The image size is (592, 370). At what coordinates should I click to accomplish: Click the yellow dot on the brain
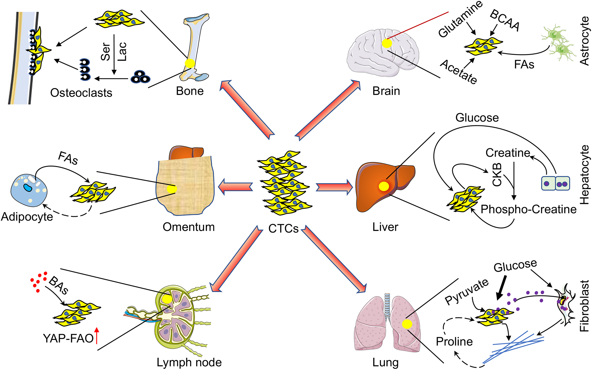387,43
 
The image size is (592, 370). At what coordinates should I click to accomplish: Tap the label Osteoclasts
81,93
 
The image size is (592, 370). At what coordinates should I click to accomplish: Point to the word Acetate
458,71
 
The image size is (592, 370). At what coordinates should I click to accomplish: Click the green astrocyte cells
559,43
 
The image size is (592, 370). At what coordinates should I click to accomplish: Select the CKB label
497,174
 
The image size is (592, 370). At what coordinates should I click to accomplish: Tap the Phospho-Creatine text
528,209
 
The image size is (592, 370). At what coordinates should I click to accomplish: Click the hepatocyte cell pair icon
555,183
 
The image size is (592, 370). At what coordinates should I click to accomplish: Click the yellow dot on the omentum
172,189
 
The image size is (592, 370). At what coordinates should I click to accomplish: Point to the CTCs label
283,228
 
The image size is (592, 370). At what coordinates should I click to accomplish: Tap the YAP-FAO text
68,338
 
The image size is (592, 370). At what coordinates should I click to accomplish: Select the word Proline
454,341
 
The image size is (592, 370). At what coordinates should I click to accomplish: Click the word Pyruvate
467,292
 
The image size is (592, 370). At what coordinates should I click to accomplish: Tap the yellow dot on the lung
407,324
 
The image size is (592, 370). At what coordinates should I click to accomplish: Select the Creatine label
508,153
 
